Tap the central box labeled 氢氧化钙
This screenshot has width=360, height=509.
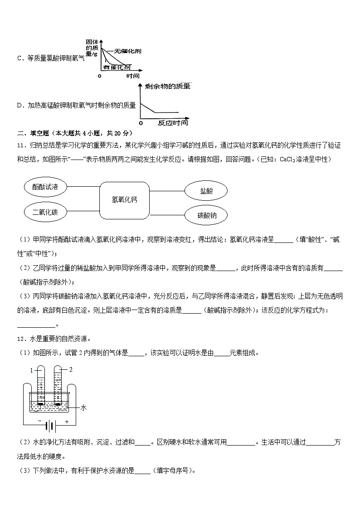click(x=124, y=199)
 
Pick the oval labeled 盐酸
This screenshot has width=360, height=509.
click(x=206, y=191)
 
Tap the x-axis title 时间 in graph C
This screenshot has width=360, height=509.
click(x=133, y=76)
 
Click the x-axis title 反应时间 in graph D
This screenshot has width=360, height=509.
click(x=172, y=123)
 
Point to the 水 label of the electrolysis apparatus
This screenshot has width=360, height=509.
click(x=83, y=407)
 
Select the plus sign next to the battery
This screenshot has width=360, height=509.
click(x=67, y=422)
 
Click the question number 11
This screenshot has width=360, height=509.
click(x=20, y=145)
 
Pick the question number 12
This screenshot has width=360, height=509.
click(x=20, y=339)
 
